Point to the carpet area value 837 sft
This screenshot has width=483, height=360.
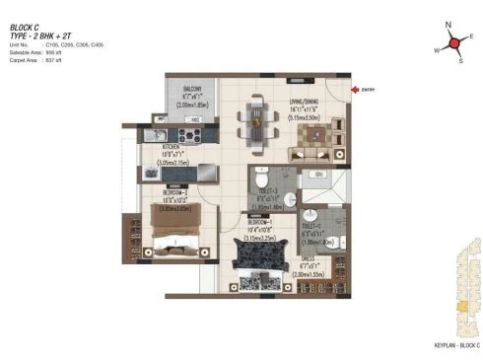click(x=52, y=59)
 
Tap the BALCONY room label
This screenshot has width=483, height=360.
click(x=192, y=88)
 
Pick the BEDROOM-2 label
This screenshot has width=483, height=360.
click(x=168, y=193)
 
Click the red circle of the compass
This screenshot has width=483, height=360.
click(x=455, y=42)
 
